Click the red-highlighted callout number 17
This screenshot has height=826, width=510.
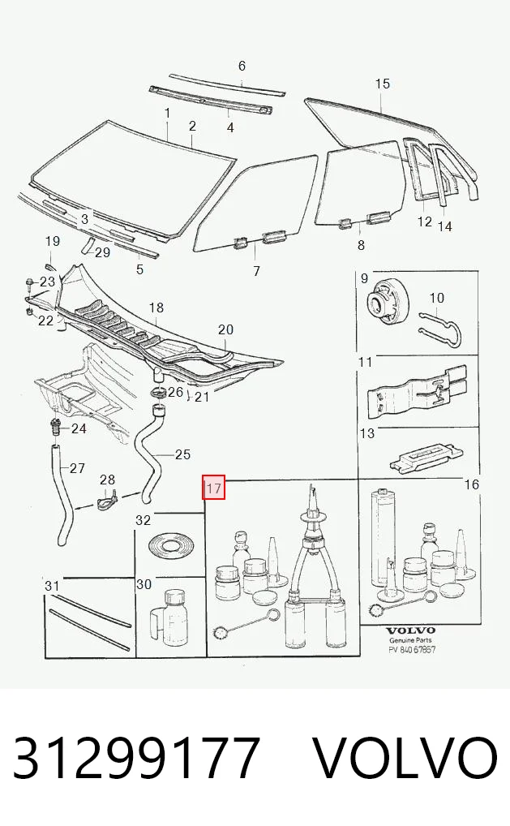[214, 488]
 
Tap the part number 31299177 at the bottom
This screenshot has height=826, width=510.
[136, 758]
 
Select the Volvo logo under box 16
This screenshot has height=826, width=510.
[411, 630]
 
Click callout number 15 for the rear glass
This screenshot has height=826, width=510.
[383, 84]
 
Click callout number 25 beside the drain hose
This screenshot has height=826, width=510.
[182, 454]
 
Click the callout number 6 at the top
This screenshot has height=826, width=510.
[242, 66]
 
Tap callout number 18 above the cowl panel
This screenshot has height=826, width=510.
[156, 308]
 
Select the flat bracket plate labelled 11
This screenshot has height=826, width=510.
[417, 389]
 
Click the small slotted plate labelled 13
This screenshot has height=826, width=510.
[426, 456]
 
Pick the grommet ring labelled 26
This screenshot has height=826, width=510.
[158, 393]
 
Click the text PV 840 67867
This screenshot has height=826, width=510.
[412, 650]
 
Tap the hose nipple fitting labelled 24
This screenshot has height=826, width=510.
[54, 427]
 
